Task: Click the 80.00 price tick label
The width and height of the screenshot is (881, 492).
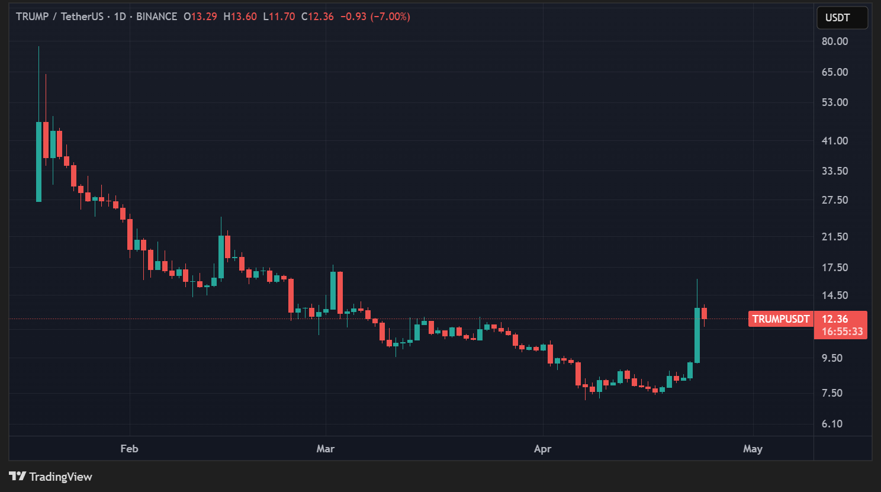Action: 834,41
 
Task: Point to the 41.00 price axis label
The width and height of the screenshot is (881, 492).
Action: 834,141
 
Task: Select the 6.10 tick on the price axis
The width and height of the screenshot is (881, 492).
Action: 832,424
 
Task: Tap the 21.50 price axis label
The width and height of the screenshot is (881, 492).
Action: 834,237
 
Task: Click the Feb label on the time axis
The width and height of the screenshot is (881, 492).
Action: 129,449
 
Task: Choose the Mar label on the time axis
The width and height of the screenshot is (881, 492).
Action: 325,449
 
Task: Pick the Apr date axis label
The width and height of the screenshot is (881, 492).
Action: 542,449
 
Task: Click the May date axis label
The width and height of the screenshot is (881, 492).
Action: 753,449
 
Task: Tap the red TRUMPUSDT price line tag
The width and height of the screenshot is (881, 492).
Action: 780,319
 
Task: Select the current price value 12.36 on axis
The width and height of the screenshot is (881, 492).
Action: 835,319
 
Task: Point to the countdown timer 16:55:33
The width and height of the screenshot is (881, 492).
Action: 842,332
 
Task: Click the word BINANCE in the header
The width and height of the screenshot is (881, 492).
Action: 156,17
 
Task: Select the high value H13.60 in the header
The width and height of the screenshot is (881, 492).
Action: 240,17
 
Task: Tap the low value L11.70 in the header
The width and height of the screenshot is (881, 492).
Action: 279,17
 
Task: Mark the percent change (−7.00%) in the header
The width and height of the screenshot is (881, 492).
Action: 390,17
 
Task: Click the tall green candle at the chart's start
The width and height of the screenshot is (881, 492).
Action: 39,162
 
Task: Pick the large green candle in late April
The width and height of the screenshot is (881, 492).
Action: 697,335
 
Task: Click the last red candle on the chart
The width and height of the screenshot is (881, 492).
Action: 704,314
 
